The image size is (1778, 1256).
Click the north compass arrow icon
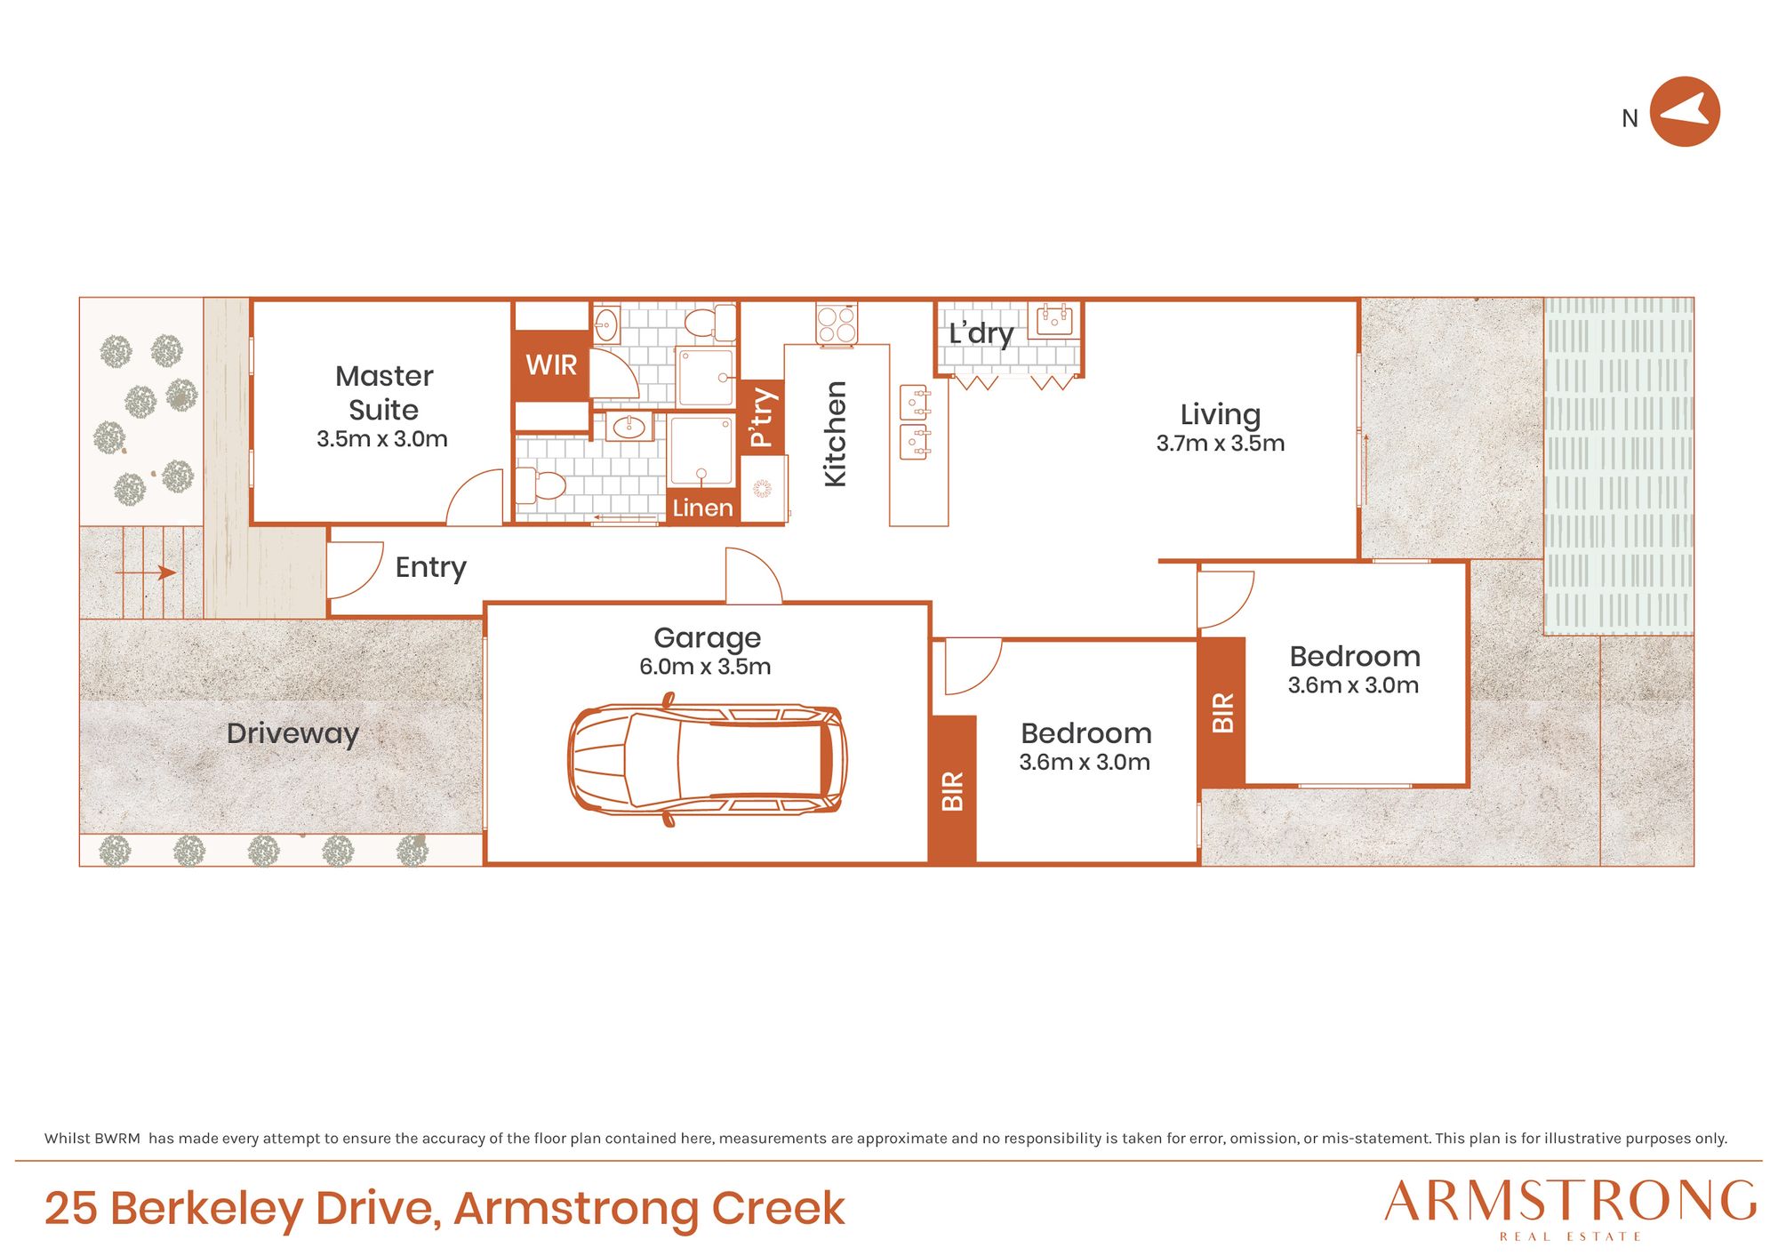click(x=1685, y=112)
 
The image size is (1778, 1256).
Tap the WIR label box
click(x=551, y=365)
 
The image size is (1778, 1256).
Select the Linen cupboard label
click(x=702, y=508)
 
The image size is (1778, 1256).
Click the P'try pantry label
click(x=762, y=417)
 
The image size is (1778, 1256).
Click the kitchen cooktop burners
click(x=837, y=324)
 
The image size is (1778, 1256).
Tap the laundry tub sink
click(x=1054, y=319)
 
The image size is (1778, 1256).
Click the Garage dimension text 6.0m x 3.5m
click(x=705, y=667)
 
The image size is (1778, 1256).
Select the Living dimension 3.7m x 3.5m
click(x=1220, y=444)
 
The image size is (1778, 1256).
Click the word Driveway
click(x=292, y=733)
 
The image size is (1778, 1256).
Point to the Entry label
click(x=430, y=567)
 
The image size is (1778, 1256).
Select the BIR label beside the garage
click(x=952, y=790)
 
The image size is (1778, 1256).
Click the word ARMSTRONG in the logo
click(x=1570, y=1202)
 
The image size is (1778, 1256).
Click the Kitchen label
click(x=835, y=434)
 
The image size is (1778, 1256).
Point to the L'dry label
click(x=981, y=333)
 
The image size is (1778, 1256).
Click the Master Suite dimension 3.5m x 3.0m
click(x=382, y=439)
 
